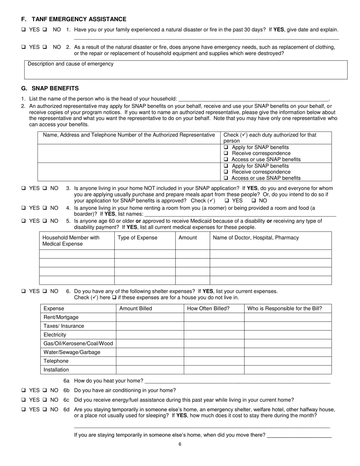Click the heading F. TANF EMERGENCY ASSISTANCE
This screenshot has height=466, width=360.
pyautogui.click(x=74, y=19)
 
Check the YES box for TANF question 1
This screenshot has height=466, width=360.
pyautogui.click(x=23, y=30)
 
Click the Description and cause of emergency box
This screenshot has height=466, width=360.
pyautogui.click(x=186, y=70)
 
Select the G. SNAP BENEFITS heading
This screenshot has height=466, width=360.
pyautogui.click(x=50, y=88)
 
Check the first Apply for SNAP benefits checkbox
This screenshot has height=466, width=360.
pyautogui.click(x=226, y=147)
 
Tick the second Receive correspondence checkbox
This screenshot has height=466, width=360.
pyautogui.click(x=226, y=172)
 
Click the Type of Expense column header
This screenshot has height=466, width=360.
pyautogui.click(x=137, y=238)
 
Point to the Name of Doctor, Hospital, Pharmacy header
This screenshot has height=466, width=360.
pyautogui.click(x=256, y=238)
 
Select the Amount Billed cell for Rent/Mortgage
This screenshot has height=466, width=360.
pyautogui.click(x=150, y=317)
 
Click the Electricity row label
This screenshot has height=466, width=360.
pyautogui.click(x=55, y=335)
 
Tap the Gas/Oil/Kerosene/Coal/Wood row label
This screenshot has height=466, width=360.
pyautogui.click(x=78, y=344)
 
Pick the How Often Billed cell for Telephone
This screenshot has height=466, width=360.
pyautogui.click(x=214, y=361)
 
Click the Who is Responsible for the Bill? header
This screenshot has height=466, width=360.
pyautogui.click(x=285, y=308)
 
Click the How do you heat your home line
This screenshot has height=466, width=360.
pyautogui.click(x=237, y=381)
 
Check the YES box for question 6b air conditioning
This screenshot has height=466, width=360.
pyautogui.click(x=23, y=390)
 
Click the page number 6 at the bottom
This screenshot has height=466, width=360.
pyautogui.click(x=180, y=444)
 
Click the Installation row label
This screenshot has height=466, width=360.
pyautogui.click(x=56, y=370)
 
